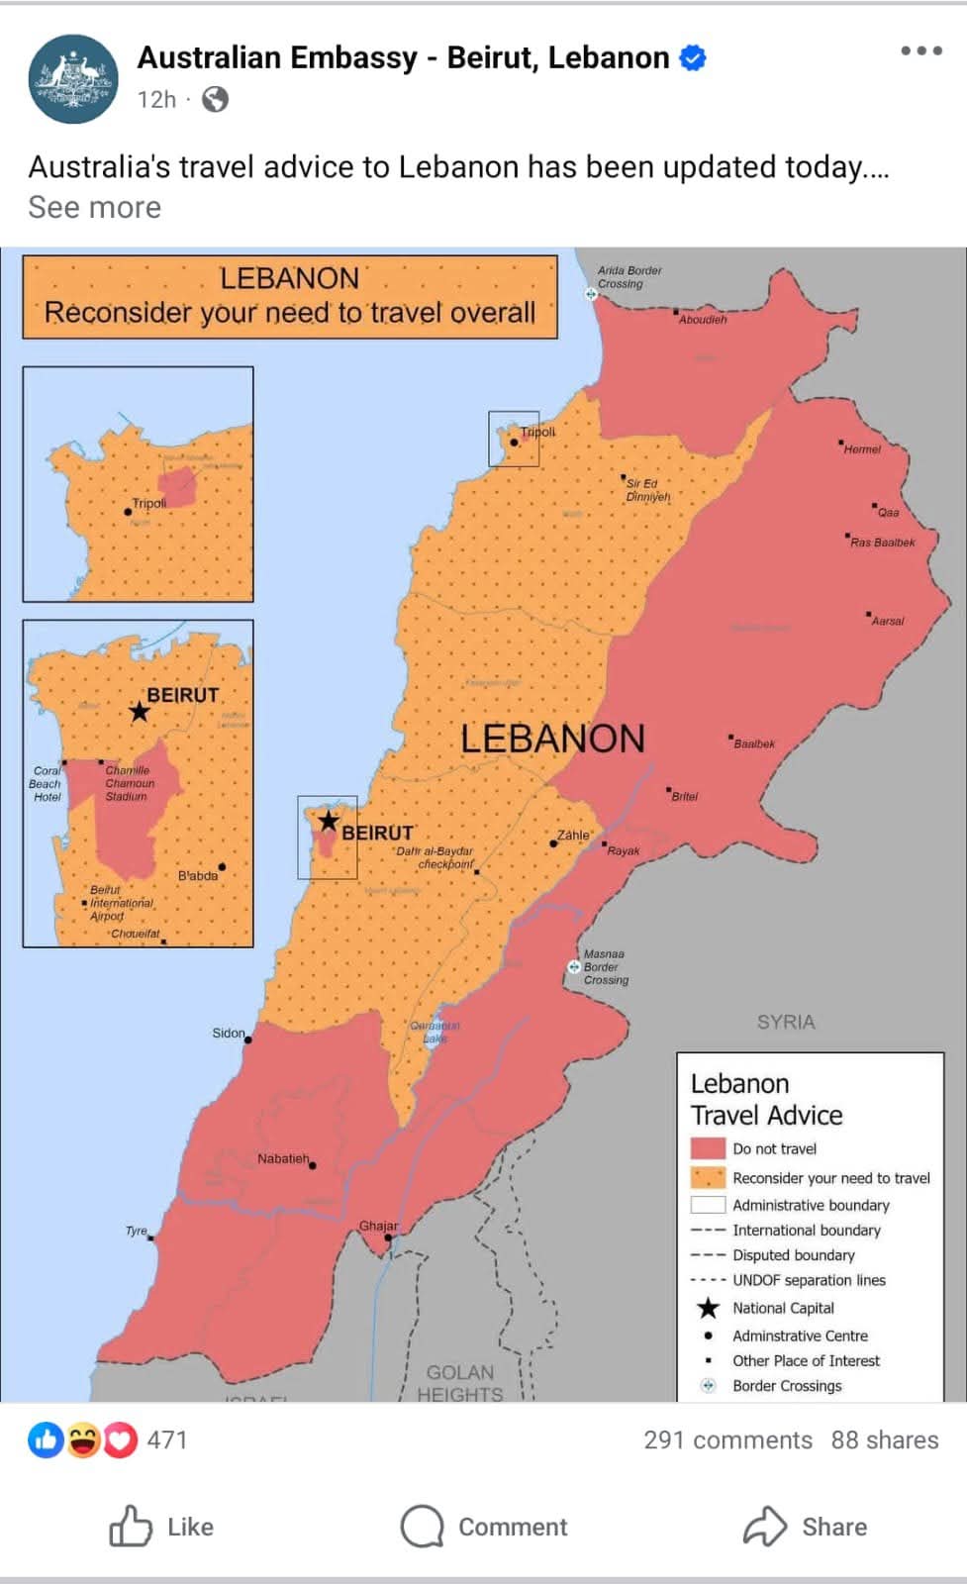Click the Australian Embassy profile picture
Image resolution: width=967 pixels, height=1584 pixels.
(73, 79)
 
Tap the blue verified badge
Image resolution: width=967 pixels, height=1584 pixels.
(694, 58)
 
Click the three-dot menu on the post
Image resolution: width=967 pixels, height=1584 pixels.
(920, 51)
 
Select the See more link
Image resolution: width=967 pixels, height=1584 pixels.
(94, 208)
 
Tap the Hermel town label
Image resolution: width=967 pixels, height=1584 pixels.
(861, 449)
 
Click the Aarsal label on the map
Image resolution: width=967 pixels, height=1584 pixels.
(887, 621)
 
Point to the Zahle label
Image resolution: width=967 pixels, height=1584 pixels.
(573, 835)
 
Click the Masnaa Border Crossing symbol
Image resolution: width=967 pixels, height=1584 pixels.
(574, 966)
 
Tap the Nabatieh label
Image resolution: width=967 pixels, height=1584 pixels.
(283, 1158)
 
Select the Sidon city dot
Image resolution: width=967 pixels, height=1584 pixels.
(248, 1039)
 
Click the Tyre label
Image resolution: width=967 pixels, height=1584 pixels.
(137, 1231)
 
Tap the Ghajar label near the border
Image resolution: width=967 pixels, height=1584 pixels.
(378, 1226)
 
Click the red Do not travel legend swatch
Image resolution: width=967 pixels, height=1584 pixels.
(708, 1148)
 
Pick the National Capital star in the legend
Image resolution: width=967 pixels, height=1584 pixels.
(708, 1308)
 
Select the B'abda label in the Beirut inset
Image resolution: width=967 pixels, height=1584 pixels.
(198, 875)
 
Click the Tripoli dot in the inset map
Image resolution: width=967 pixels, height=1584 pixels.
(128, 512)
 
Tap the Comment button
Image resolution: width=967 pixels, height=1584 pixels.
(484, 1527)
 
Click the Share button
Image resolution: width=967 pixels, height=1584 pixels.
(805, 1527)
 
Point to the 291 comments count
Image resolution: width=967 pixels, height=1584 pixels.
(727, 1439)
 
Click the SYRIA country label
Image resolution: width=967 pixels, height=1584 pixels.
(786, 1022)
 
